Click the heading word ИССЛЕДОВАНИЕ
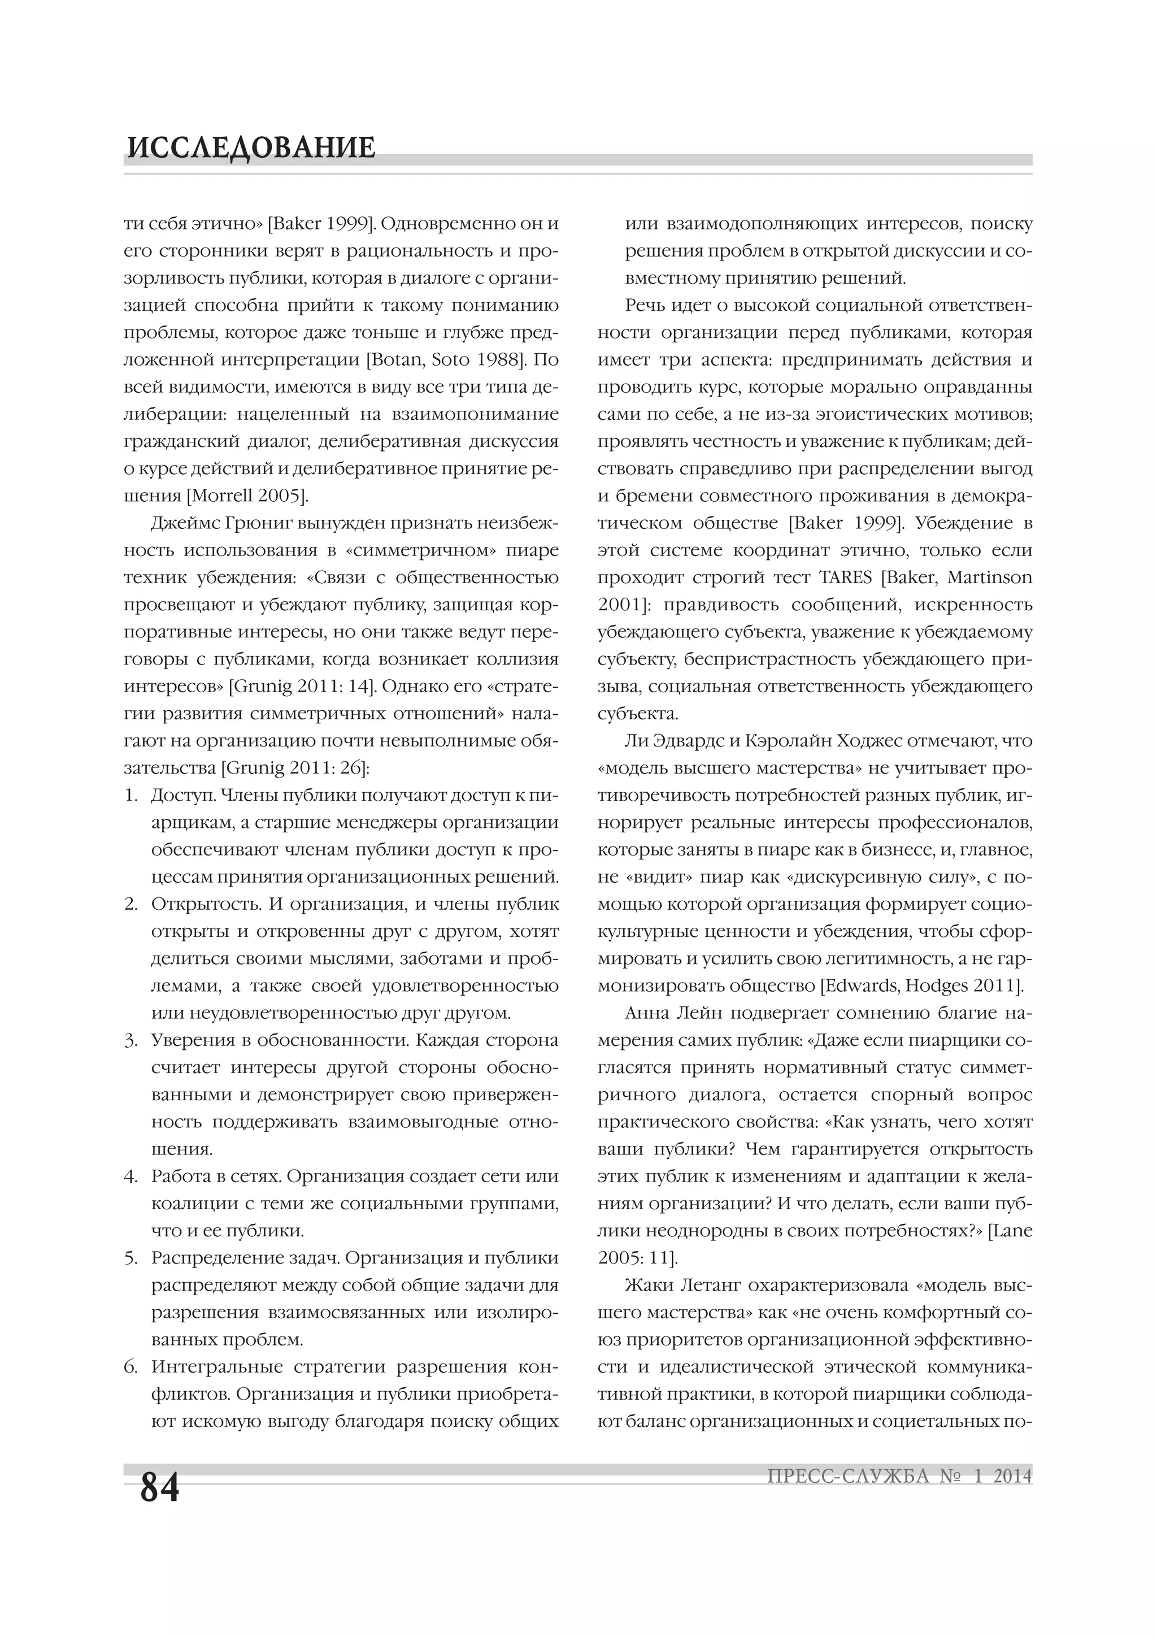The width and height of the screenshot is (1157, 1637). (250, 147)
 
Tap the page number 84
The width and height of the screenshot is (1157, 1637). (160, 1487)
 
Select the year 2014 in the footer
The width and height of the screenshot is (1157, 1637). (1012, 1476)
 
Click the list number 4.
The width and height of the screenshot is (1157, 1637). (130, 1176)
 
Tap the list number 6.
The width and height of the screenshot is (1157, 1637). (130, 1367)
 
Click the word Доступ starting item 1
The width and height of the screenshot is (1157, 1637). (182, 795)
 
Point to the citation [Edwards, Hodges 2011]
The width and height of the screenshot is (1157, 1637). (922, 986)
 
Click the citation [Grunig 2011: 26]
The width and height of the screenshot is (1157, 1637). (295, 768)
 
